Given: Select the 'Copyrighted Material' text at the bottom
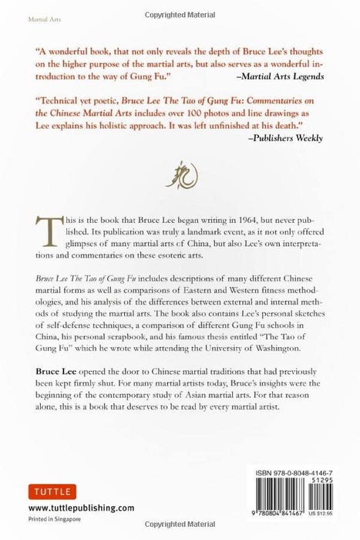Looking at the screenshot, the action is point(179,532).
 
